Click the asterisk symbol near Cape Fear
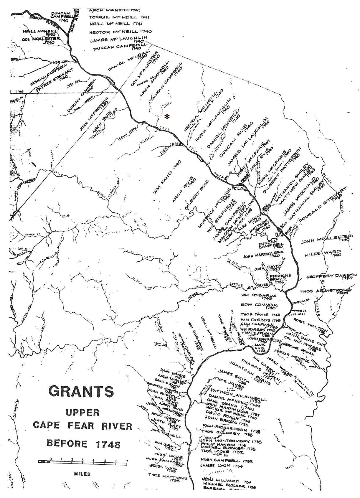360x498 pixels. (167, 117)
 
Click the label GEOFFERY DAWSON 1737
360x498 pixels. (331, 277)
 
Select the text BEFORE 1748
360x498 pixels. (83, 443)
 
